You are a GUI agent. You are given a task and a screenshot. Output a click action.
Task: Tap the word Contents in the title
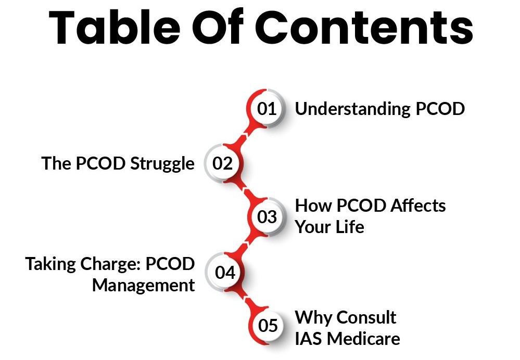coord(364,27)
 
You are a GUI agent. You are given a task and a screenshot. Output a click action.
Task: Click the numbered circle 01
coord(267,108)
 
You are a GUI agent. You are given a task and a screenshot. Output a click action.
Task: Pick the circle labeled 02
coord(223,163)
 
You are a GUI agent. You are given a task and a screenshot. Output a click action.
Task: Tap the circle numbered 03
coord(267,217)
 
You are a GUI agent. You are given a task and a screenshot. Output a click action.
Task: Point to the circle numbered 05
coord(268,325)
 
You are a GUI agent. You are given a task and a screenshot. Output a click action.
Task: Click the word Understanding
coord(353,109)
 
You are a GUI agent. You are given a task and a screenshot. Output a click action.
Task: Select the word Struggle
coord(162,164)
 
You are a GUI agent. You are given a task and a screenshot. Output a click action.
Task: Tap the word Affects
coord(418,205)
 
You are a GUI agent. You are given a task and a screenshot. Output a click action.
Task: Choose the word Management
coord(143,286)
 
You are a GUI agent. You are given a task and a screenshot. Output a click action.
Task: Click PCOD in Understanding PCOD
coord(440,109)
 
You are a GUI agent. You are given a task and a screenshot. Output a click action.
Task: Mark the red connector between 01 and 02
coord(245,136)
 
